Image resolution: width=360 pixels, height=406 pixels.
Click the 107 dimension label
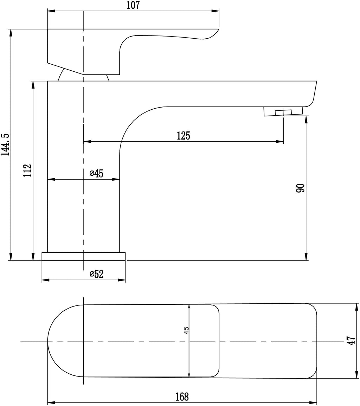point(133,5)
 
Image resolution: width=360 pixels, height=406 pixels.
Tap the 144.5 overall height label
point(5,145)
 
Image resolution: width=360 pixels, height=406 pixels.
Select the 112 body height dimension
point(27,170)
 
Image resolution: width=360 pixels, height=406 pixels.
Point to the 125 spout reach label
point(184,136)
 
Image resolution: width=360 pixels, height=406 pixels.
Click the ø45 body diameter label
point(96,173)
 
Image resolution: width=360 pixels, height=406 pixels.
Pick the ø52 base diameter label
point(96,274)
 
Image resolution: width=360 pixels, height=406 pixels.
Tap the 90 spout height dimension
point(301,188)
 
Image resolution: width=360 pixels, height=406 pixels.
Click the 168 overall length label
point(182,397)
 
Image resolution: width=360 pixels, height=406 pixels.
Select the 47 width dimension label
point(351,341)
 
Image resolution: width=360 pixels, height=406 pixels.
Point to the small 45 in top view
point(186,330)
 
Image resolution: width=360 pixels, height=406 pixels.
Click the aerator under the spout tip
point(283,112)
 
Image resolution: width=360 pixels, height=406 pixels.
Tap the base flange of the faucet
point(84,256)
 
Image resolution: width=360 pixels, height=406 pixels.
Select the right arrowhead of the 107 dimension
point(216,11)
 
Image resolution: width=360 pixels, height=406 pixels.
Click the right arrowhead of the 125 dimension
point(280,142)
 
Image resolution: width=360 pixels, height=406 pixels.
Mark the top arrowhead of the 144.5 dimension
point(11,33)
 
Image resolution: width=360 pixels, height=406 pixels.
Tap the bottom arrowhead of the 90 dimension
point(307,256)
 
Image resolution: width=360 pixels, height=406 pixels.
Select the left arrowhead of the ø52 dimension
point(46,280)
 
